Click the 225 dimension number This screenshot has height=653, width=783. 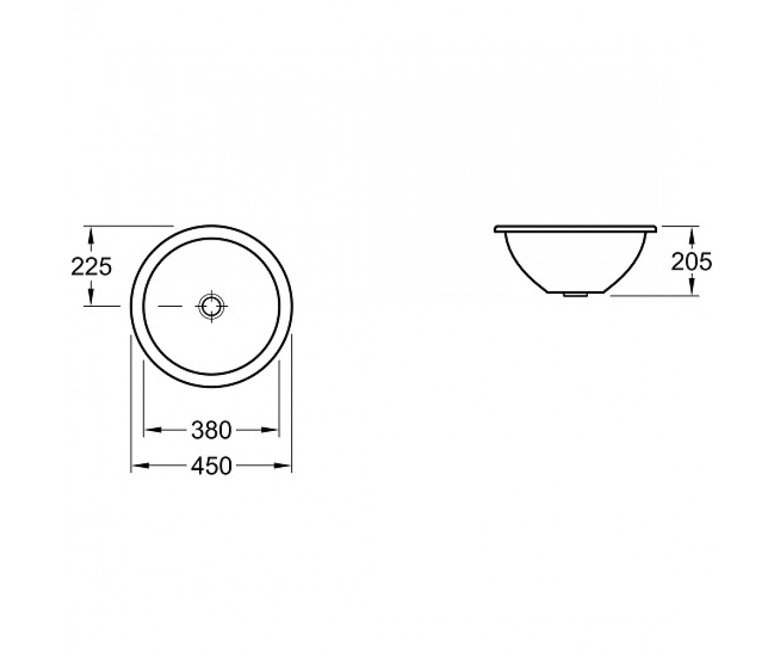tap(91, 267)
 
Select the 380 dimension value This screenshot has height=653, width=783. tap(211, 430)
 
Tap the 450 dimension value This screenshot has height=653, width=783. tap(211, 466)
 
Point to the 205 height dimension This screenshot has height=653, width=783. tap(691, 262)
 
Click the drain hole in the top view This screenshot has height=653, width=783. tap(211, 306)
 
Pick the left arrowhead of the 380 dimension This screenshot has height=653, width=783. tap(153, 430)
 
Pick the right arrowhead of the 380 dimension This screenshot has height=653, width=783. tap(270, 430)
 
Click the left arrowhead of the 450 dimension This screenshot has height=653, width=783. tap(140, 466)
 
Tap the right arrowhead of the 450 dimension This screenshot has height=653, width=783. tap(283, 466)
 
